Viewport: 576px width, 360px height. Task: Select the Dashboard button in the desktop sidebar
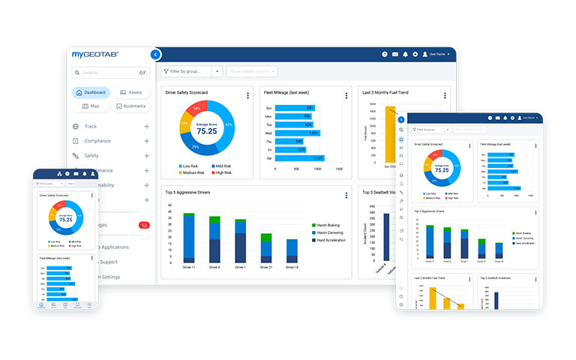click(91, 92)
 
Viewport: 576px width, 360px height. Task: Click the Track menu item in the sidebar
click(91, 127)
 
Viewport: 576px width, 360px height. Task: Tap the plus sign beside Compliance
click(147, 141)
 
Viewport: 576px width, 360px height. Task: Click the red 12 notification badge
click(144, 225)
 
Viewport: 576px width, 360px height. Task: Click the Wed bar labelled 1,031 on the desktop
click(298, 133)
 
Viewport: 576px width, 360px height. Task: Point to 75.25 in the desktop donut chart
click(206, 130)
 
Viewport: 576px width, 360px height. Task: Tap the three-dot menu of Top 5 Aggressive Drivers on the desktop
click(346, 196)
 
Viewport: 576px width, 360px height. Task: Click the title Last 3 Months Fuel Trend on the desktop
click(385, 92)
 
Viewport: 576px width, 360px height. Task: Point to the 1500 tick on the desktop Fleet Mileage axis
click(339, 169)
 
